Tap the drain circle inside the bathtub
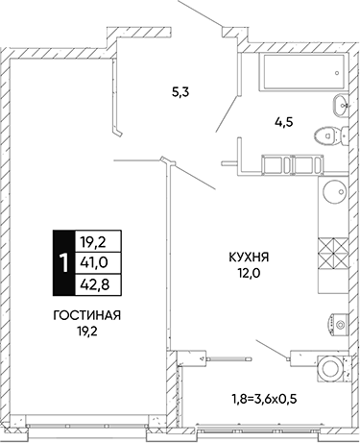[337, 73]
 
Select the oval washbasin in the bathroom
[340, 106]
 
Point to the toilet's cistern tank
[345, 136]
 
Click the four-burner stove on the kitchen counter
[333, 253]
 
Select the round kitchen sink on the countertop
[335, 191]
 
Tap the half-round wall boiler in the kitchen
[339, 325]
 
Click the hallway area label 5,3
[180, 92]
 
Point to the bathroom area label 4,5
[284, 122]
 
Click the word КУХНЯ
[249, 257]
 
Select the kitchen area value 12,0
[249, 273]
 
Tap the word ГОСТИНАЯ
[87, 316]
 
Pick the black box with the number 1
[63, 262]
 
